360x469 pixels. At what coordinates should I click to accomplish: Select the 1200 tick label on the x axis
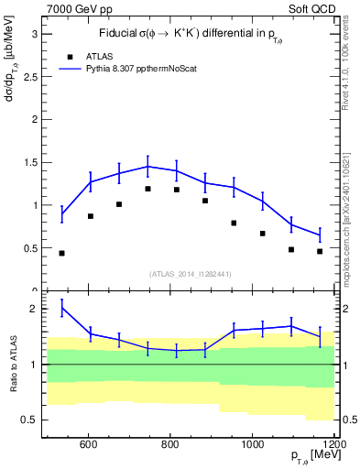333,445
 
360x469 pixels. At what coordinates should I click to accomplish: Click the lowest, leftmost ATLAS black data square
61,253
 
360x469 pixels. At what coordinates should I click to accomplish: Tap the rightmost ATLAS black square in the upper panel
320,251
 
